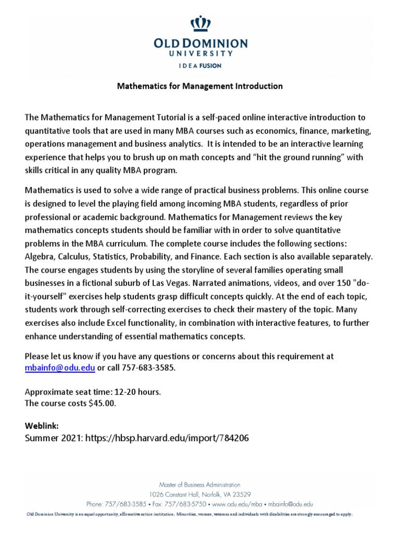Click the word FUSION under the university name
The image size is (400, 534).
point(211,66)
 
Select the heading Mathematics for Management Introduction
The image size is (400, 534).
point(199,86)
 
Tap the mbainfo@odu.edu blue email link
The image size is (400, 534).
point(60,367)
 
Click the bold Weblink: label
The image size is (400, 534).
point(39,426)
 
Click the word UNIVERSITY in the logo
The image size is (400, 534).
point(200,53)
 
